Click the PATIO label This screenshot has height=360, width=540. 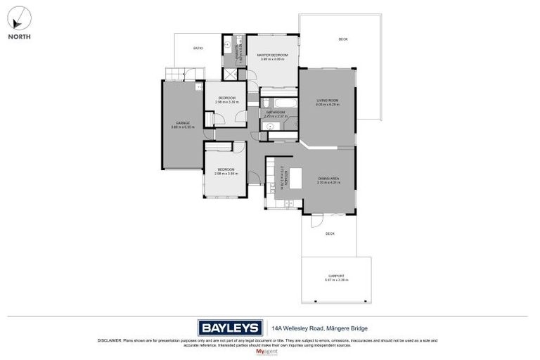[x=198, y=48]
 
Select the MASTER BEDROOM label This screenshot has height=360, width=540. [x=271, y=54]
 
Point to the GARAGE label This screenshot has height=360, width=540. [x=183, y=123]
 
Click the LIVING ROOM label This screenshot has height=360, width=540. [x=328, y=101]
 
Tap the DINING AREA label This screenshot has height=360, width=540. [x=328, y=179]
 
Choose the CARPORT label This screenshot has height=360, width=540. [x=337, y=276]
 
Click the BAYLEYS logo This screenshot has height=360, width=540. [x=229, y=328]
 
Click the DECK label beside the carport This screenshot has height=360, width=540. [x=330, y=233]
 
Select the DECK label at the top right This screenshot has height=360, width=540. [x=342, y=39]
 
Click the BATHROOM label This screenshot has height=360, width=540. [x=275, y=112]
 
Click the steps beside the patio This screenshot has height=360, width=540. [x=174, y=73]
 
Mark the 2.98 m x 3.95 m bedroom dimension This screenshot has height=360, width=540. [x=226, y=173]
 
